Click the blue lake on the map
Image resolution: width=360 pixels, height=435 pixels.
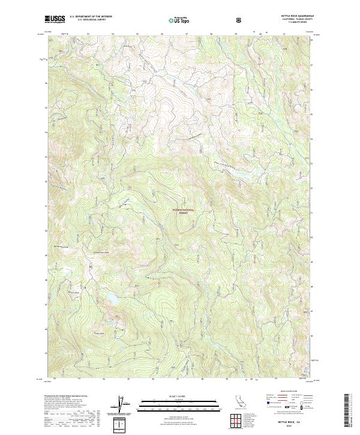pos(112,298)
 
